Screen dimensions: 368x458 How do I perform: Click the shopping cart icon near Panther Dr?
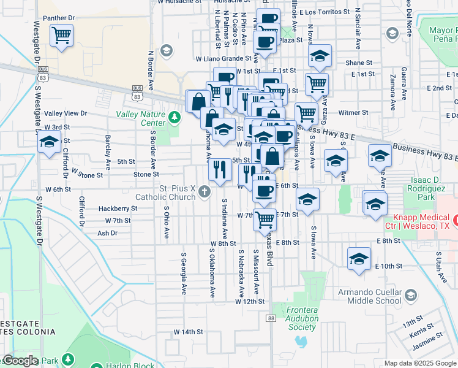(x=61, y=36)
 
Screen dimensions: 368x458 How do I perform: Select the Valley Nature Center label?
(x=141, y=118)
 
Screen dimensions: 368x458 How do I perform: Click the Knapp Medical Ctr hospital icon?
(x=456, y=219)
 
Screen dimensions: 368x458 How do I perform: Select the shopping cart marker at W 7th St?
(x=265, y=220)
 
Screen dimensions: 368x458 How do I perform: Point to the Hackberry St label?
(x=114, y=209)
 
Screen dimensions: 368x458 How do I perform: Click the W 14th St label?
(x=188, y=332)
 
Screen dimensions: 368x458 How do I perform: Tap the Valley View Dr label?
(x=66, y=113)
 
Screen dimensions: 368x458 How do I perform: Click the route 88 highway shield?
(x=271, y=318)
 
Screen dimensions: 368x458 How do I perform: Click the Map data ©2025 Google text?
(x=419, y=363)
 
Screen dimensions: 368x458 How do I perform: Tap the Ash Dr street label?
(x=107, y=233)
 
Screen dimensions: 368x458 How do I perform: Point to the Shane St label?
(x=359, y=63)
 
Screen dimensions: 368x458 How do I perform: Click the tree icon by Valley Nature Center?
(x=175, y=116)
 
